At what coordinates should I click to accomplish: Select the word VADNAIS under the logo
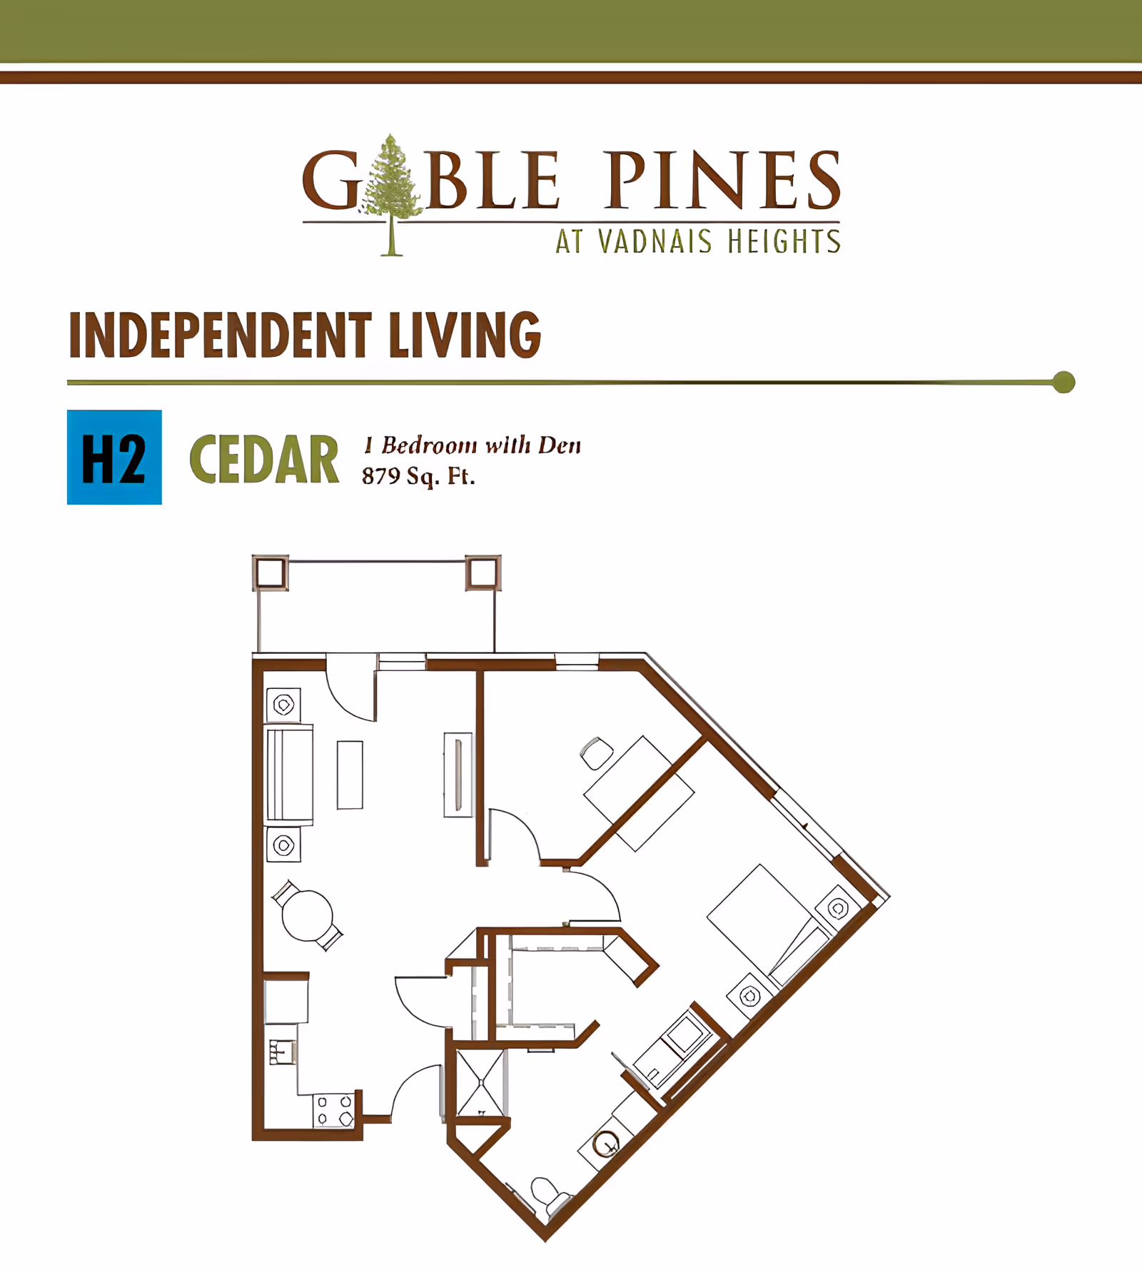point(655,241)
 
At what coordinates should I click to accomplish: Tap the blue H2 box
point(114,458)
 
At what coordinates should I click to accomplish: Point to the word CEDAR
point(264,460)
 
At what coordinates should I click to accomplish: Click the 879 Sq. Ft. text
point(418,476)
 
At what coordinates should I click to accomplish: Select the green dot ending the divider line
point(1063,382)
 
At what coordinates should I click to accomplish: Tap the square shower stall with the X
point(481,1083)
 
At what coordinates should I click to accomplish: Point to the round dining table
point(308,915)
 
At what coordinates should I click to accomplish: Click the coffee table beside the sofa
point(350,775)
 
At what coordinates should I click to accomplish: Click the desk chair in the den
point(597,752)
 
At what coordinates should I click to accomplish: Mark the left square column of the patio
point(271,573)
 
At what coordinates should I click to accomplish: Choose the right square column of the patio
point(482,573)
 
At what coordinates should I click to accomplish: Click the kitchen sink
point(283,1052)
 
